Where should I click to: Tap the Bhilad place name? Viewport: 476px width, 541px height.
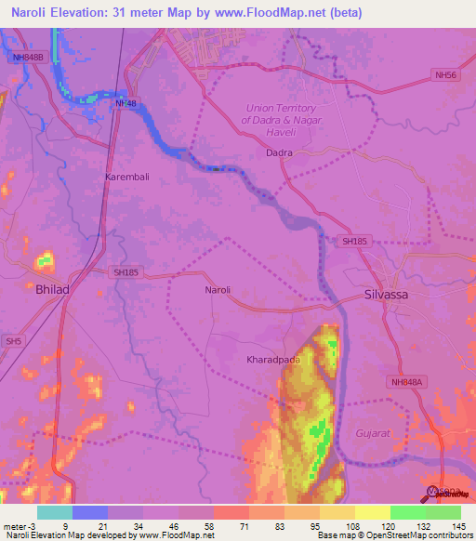point(52,290)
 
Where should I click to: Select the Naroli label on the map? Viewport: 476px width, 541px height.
point(217,290)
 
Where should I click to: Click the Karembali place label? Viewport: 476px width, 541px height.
point(126,176)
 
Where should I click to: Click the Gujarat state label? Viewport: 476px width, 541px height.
point(372,433)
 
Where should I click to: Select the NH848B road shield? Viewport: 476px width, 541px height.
point(28,58)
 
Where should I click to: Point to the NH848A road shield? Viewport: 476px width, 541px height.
point(405,381)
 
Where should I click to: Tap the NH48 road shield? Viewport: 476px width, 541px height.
point(126,103)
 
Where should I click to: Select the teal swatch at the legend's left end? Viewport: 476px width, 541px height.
point(55,511)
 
